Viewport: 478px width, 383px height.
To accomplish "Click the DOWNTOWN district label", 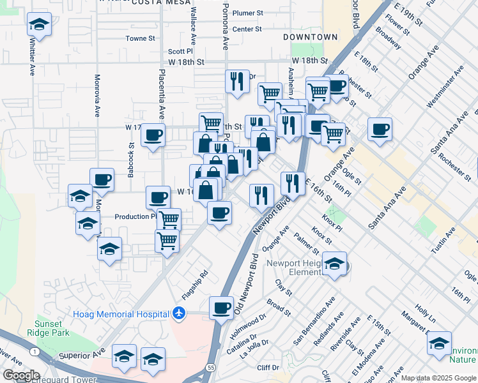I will coord(311,38).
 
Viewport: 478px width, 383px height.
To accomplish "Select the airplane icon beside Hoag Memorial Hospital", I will coord(180,313).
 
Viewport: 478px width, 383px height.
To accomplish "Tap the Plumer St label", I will coord(248,13).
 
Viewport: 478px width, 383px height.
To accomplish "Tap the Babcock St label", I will coord(130,164).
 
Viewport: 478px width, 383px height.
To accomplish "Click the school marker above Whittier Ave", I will coord(39,26).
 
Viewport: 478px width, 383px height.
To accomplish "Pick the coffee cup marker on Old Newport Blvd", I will coord(222,308).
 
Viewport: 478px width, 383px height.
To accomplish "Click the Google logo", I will coord(22,375).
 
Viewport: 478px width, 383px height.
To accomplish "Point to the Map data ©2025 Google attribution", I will coord(438,378).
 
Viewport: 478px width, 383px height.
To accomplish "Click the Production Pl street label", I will coord(135,216).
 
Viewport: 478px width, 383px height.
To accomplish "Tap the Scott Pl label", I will coord(180,51).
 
